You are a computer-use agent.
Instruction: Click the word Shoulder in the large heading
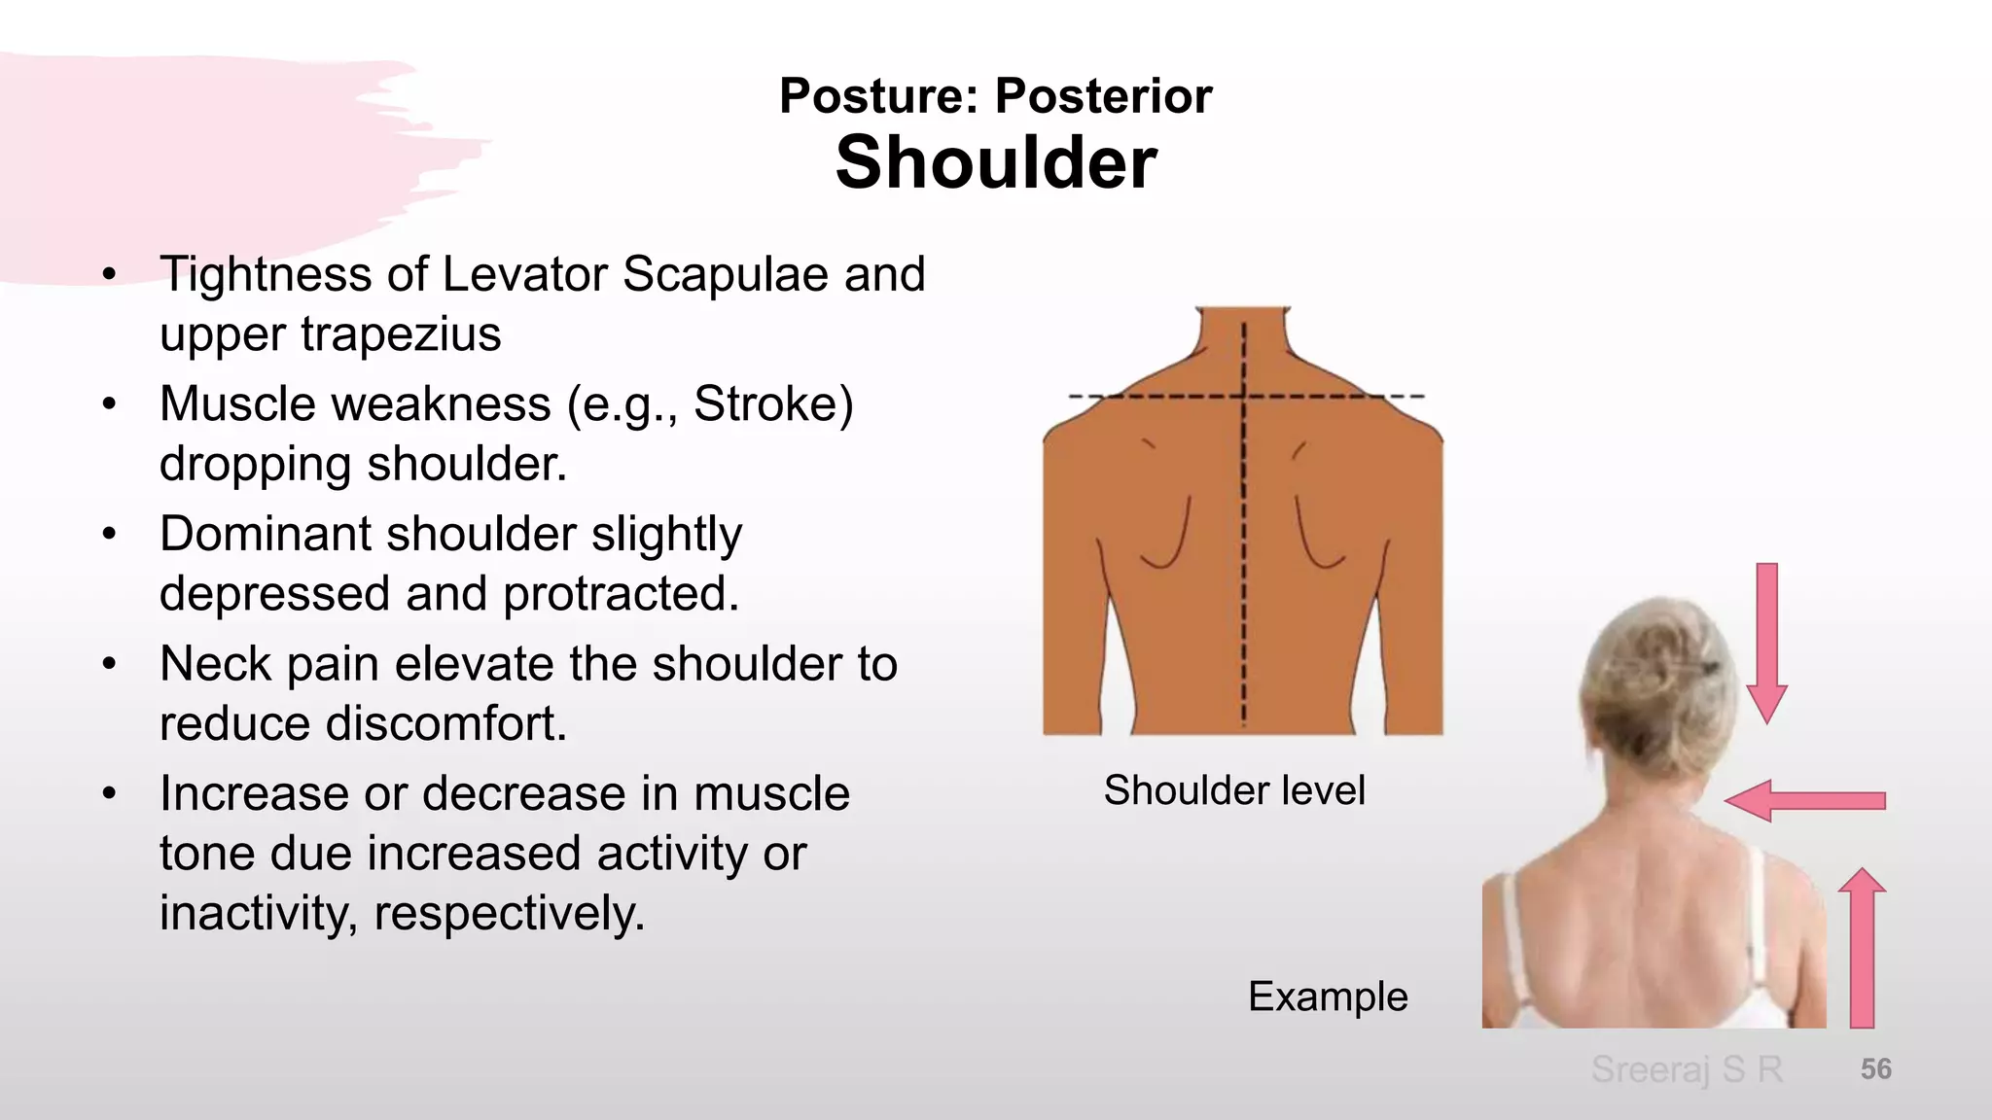pos(996,162)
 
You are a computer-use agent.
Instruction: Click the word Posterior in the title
pos(1103,95)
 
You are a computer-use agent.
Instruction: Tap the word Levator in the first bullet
pos(525,274)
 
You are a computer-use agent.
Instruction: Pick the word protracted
pos(621,594)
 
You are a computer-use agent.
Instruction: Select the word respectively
pos(509,913)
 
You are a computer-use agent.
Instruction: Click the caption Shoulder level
pos(1234,790)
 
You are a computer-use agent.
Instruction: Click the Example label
pos(1328,997)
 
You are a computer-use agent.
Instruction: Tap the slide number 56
pos(1875,1069)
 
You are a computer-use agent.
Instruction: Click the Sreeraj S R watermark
pos(1687,1069)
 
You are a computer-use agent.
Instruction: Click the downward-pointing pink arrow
pos(1767,642)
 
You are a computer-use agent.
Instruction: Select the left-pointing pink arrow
pos(1804,800)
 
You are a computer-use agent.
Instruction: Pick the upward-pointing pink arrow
pos(1862,947)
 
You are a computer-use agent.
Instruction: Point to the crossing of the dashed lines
pos(1244,396)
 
